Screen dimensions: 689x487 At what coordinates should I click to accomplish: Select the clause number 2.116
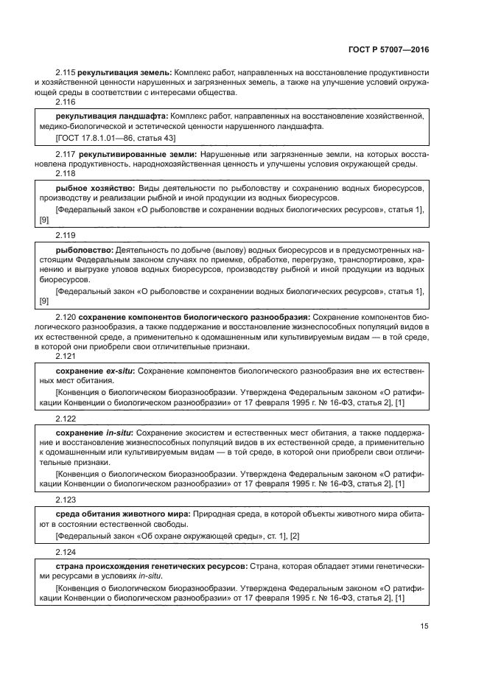click(x=66, y=102)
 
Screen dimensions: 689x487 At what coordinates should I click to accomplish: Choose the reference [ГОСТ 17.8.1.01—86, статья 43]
click(x=116, y=138)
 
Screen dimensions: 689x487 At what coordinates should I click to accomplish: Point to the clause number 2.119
click(x=66, y=235)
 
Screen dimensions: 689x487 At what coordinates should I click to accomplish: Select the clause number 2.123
click(x=66, y=497)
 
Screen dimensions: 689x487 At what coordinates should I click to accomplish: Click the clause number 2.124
click(x=66, y=551)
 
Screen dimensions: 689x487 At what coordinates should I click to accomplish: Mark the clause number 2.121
click(x=66, y=356)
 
